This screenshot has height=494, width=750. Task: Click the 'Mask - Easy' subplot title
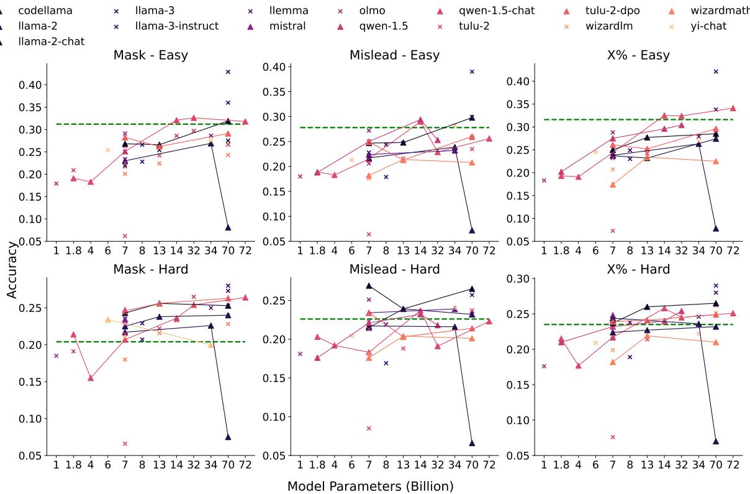point(150,55)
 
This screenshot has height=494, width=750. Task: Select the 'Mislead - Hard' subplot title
point(394,269)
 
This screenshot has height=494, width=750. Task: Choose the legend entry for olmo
point(372,11)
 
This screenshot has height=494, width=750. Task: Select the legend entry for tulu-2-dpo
point(612,11)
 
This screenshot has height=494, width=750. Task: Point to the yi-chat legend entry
point(708,26)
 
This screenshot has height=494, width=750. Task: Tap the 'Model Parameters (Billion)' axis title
point(370,486)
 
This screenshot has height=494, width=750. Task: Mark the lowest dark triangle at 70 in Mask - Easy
point(228,227)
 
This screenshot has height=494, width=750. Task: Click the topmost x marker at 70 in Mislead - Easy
point(472,71)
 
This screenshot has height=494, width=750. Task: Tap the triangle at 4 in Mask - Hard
point(91,378)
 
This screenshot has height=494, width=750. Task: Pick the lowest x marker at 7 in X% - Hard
point(612,437)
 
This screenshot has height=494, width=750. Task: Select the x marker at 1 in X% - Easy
point(544,180)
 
